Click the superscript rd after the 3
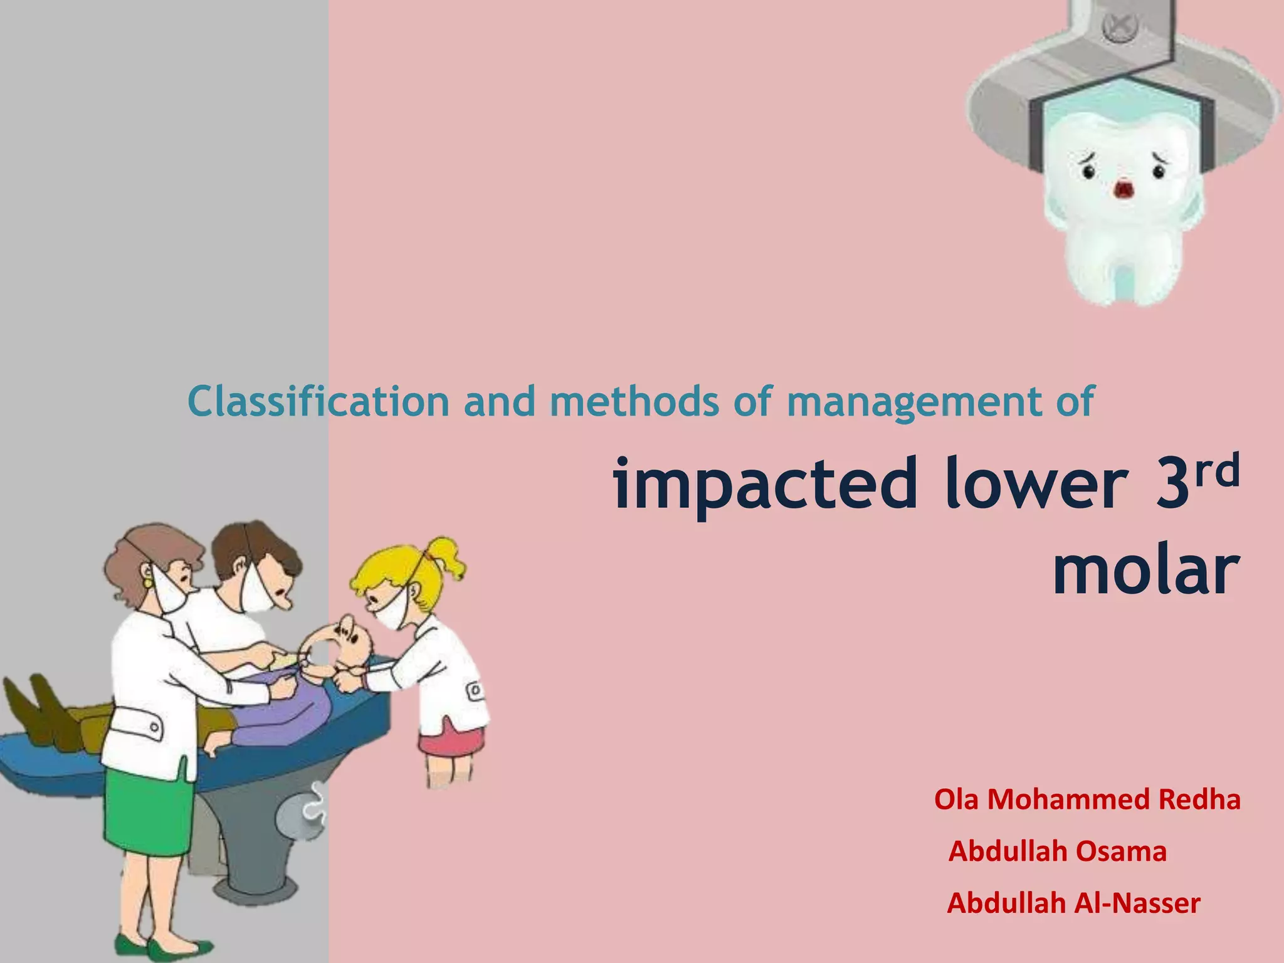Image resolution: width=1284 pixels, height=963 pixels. (x=1217, y=471)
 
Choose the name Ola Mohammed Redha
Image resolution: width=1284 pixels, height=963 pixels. (x=1087, y=800)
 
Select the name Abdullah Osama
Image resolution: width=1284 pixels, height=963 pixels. (x=1057, y=851)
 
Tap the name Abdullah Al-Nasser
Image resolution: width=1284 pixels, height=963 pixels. (x=1073, y=903)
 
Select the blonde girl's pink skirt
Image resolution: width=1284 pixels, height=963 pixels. (x=451, y=740)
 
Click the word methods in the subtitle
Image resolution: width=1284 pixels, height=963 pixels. (x=634, y=401)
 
